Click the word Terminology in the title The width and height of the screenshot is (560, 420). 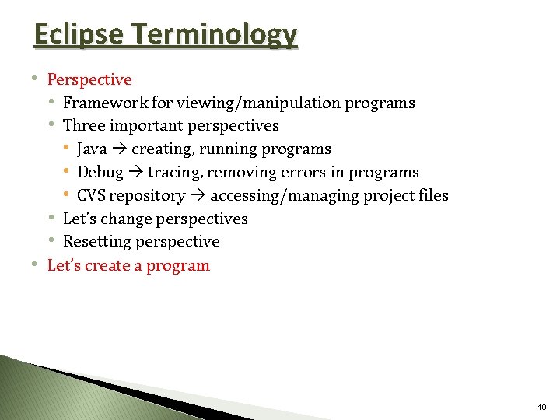point(214,35)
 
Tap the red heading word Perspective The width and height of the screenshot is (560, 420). point(89,79)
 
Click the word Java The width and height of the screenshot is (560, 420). point(93,149)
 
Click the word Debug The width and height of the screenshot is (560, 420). point(100,172)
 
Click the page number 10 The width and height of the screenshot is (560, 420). point(541,407)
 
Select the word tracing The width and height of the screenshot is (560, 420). point(173,172)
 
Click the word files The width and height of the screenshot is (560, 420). point(433,195)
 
